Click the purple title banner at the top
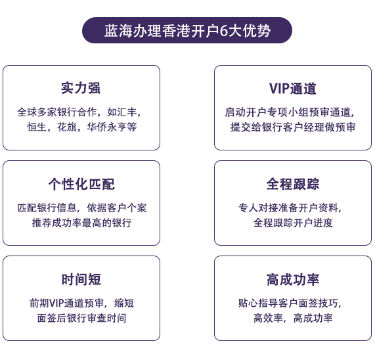pos(187,30)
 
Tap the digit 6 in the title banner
pos(223,31)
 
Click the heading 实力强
pos(81,88)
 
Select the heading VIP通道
pos(293,88)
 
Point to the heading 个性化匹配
pos(81,184)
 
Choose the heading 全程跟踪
pos(293,184)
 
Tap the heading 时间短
pos(81,279)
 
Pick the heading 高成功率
pos(293,279)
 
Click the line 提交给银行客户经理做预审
pos(293,127)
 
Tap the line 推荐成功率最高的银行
pos(82,223)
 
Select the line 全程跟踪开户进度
pos(293,223)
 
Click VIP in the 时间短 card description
pos(56,303)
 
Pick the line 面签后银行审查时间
pos(81,318)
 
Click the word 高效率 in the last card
pos(268,318)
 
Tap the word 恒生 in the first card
pos(37,127)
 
